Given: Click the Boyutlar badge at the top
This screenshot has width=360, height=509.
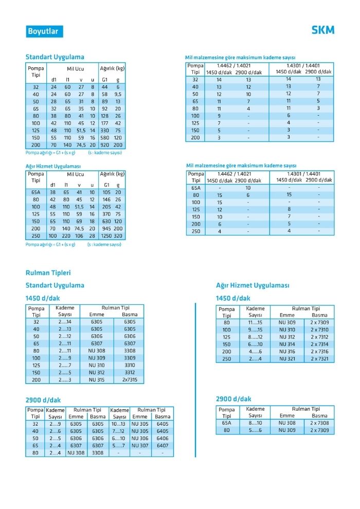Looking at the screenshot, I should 44,31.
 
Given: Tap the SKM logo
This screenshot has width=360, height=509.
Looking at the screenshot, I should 322,30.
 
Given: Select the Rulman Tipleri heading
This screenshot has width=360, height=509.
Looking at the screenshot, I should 48,273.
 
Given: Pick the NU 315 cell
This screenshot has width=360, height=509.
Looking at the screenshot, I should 97,380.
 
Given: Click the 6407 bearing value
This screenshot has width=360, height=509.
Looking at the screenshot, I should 163,446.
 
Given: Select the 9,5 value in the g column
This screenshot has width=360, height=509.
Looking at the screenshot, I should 118,95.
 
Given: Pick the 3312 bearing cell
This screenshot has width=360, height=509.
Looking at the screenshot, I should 130,373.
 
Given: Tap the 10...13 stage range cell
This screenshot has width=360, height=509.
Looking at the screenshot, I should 119,424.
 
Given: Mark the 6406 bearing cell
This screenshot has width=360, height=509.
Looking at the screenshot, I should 163,439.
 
